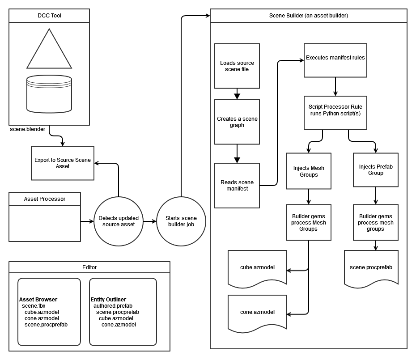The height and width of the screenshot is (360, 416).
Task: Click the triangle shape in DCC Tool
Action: tap(49, 51)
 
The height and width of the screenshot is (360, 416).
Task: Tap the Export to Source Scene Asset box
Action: tap(62, 163)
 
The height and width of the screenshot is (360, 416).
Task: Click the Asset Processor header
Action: tap(45, 199)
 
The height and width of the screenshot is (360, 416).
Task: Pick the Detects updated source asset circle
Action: tap(118, 221)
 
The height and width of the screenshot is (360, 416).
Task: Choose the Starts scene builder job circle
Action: tap(181, 221)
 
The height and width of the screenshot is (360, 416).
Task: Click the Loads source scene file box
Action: tap(237, 66)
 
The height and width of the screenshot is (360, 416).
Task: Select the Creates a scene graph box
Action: tap(237, 122)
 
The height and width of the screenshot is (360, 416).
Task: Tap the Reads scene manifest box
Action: tap(237, 185)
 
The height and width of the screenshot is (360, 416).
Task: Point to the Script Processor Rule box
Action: tap(335, 110)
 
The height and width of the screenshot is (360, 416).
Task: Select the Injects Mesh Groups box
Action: tap(309, 171)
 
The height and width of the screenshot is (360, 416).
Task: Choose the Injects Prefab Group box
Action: tap(375, 169)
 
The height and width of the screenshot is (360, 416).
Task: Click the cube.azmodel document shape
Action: tap(257, 268)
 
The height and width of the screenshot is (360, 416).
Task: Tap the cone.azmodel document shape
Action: tap(257, 312)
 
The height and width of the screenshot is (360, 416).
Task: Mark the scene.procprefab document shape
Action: tap(371, 267)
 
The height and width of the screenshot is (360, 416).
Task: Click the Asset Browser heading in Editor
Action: tap(38, 299)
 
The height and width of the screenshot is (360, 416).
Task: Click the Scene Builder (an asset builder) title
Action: tap(309, 15)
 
